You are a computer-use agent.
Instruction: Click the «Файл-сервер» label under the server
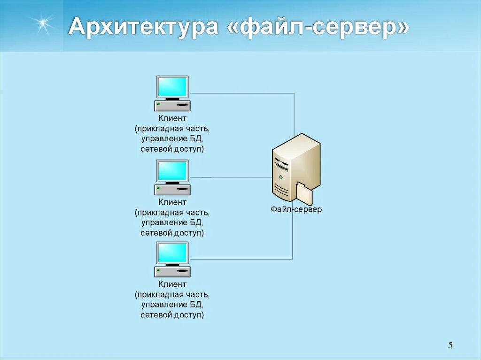[296, 209]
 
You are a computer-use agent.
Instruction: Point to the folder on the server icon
[304, 193]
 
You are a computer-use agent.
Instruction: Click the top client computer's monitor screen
[172, 87]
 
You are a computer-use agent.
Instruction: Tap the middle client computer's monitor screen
[172, 171]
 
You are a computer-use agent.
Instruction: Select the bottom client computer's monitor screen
[172, 253]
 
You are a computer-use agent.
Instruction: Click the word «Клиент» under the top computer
[172, 119]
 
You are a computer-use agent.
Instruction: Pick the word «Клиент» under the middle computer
[172, 202]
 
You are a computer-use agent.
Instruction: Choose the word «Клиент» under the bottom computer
[172, 284]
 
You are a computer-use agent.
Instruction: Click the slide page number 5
[450, 346]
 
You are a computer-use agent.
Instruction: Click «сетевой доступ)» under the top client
[172, 149]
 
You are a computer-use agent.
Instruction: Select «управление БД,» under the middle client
[172, 222]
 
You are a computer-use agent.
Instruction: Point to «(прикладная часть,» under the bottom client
[172, 295]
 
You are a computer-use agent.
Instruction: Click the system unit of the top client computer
[172, 106]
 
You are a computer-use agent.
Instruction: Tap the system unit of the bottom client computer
[172, 272]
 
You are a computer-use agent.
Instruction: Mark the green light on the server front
[280, 177]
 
